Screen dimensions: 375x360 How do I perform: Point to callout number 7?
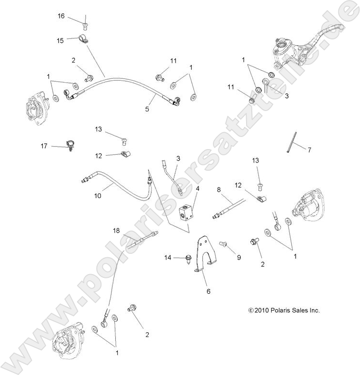[x=310, y=150]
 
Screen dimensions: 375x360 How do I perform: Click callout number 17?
[x=44, y=146]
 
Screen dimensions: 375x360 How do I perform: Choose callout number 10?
[x=98, y=196]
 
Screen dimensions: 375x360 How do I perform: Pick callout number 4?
[x=197, y=187]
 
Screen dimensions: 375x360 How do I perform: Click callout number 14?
[x=168, y=258]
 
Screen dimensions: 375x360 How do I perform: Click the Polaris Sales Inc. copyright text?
[x=284, y=311]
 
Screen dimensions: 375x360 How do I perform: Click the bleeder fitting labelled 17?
[x=72, y=144]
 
